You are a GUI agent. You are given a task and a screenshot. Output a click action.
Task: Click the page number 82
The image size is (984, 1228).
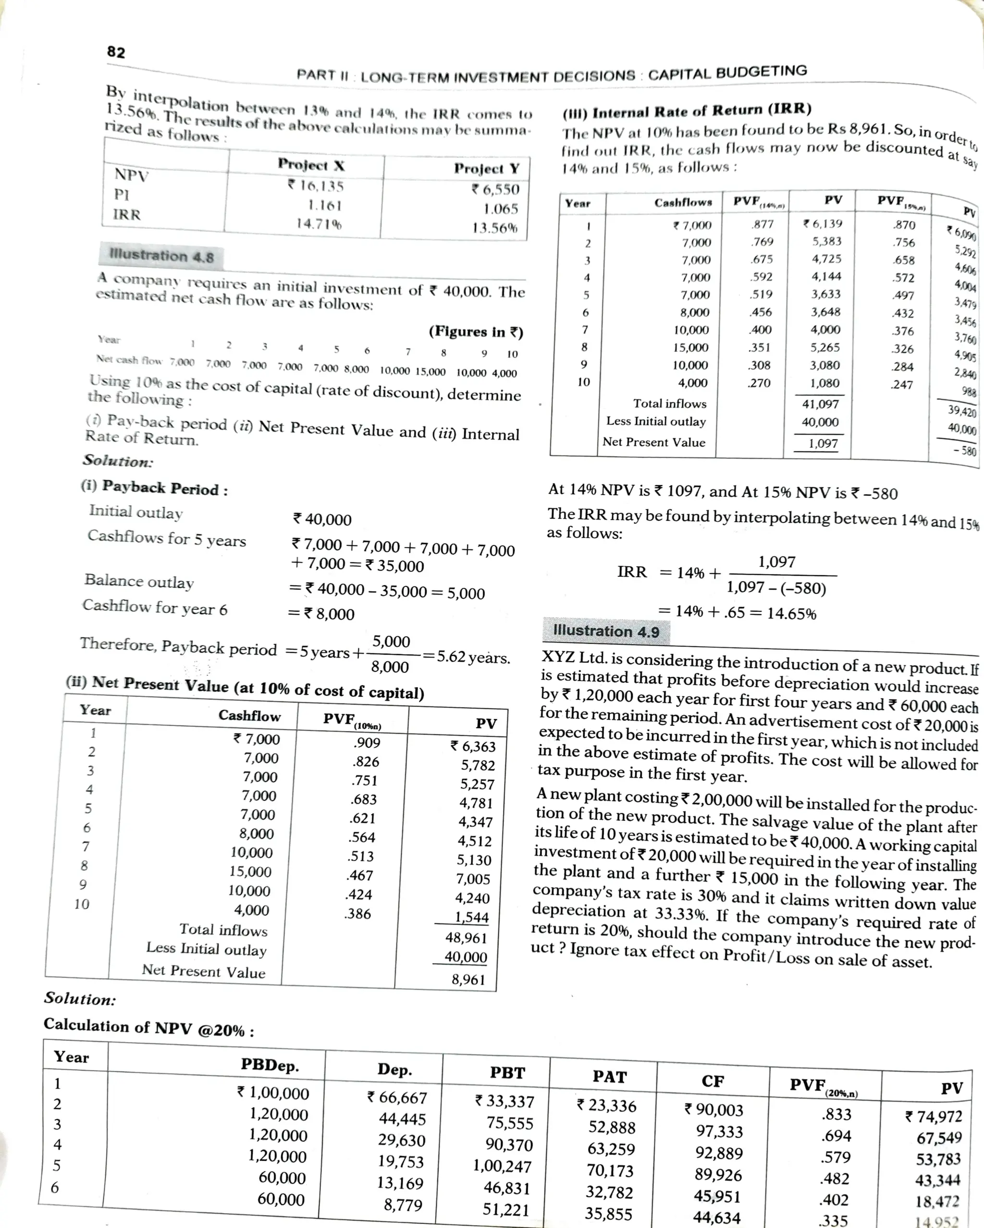pyautogui.click(x=116, y=52)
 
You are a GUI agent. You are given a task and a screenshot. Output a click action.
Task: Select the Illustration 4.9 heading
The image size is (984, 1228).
pyautogui.click(x=606, y=631)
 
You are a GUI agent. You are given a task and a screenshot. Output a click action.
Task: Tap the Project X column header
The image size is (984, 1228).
pyautogui.click(x=311, y=165)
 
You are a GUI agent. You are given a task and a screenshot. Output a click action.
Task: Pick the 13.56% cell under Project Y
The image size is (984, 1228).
pyautogui.click(x=495, y=228)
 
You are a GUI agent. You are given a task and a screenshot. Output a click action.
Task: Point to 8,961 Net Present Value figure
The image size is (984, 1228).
pyautogui.click(x=468, y=980)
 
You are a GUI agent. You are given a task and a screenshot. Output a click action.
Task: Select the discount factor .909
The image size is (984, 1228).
pyautogui.click(x=367, y=743)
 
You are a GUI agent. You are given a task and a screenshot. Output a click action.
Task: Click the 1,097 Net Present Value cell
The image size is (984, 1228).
pyautogui.click(x=823, y=443)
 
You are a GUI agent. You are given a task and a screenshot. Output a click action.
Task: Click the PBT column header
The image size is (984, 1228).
pyautogui.click(x=507, y=1073)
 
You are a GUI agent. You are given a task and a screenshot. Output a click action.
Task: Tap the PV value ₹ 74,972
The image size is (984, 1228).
pyautogui.click(x=934, y=1116)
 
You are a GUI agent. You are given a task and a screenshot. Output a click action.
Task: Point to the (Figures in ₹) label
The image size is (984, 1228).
pyautogui.click(x=476, y=332)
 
